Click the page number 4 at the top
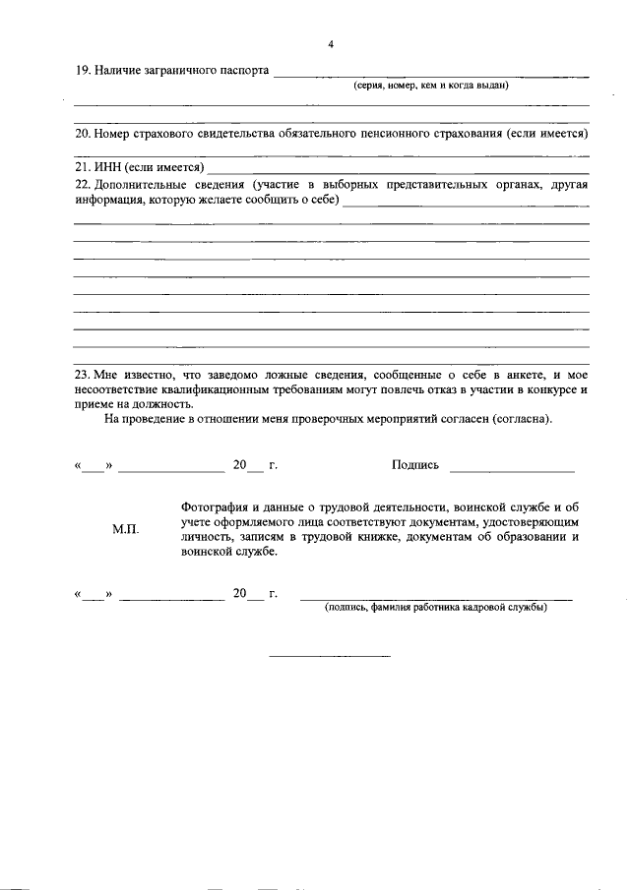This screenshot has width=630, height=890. pos(332,44)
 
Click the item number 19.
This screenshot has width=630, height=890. pos(82,72)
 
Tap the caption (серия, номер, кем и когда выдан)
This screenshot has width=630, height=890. pos(431,87)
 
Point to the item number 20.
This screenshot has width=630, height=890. pos(82,132)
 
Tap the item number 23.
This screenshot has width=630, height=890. pos(82,376)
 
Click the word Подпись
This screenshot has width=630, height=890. pos(415,465)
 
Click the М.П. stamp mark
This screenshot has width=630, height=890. pos(126,529)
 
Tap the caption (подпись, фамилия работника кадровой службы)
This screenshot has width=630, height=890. pos(436,608)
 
